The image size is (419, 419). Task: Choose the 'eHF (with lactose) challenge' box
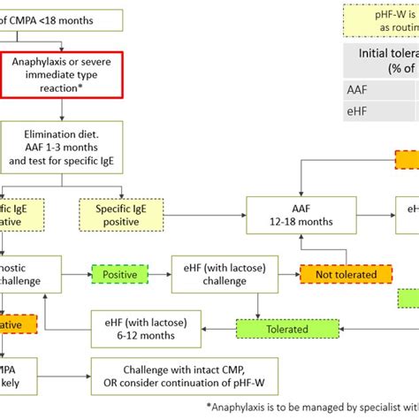tap(215, 274)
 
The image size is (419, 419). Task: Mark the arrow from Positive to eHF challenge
tap(158, 274)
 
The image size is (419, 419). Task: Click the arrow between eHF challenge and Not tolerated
tap(278, 274)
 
